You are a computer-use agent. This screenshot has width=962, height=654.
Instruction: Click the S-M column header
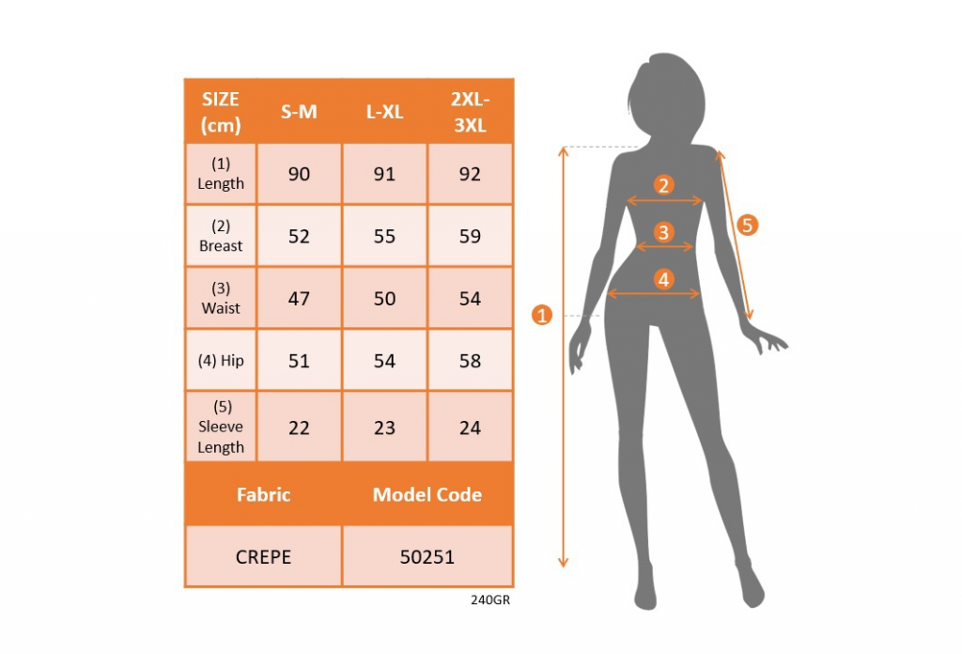299,112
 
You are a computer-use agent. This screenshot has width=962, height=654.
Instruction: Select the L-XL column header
384,112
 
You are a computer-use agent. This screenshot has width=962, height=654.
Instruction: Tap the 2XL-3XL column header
470,112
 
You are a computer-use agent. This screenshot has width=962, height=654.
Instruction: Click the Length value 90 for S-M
299,174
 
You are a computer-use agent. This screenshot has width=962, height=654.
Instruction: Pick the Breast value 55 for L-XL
384,236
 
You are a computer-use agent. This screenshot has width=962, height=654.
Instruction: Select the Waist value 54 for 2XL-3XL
470,298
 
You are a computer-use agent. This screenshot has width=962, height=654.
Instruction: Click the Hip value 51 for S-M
299,361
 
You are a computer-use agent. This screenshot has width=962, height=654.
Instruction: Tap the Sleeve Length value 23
384,428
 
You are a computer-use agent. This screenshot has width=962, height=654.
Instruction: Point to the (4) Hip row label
221,361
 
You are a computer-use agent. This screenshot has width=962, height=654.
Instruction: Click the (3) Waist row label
221,298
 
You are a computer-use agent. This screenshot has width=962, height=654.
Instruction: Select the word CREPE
263,557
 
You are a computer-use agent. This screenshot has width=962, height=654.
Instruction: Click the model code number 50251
427,557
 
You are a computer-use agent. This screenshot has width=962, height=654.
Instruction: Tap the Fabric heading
263,494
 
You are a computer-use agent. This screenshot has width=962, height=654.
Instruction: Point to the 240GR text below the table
490,600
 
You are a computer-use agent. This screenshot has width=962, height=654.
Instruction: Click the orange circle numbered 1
542,316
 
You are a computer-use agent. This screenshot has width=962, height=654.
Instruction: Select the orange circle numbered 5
747,226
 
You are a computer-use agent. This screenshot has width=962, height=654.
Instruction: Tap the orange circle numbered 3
663,232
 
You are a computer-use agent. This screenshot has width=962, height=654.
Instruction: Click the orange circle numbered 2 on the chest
663,185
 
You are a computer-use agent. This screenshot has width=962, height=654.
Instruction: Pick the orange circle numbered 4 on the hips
663,279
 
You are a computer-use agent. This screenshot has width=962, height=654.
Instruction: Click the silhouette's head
668,98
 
